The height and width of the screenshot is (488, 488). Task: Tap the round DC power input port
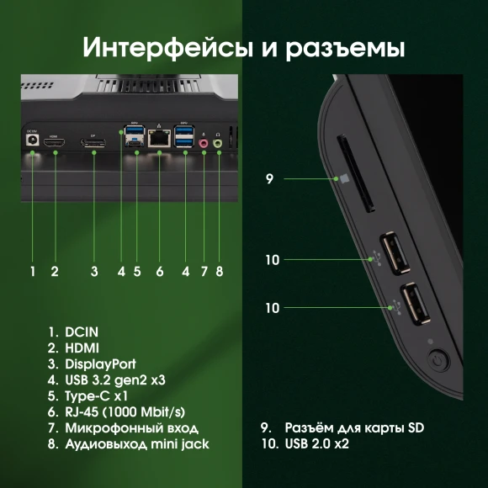click(33, 143)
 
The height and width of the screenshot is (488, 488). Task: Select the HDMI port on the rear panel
click(55, 145)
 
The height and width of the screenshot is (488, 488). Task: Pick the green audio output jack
click(219, 144)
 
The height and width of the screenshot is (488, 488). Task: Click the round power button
click(439, 363)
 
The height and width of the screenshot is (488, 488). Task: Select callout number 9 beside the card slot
click(269, 178)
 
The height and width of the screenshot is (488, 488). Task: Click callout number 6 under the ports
click(159, 271)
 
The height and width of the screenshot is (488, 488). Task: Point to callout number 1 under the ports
click(33, 271)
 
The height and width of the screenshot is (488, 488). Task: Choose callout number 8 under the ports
click(219, 271)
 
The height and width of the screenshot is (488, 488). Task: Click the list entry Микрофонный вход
click(123, 428)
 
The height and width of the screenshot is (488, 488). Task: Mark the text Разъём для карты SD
click(353, 428)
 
